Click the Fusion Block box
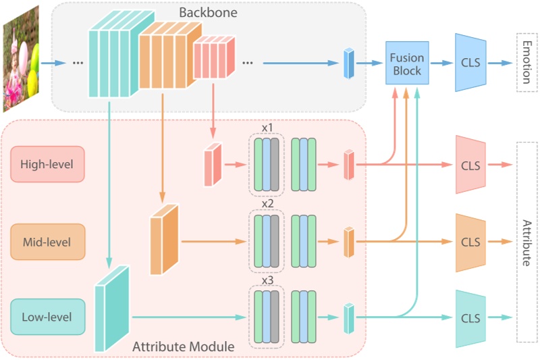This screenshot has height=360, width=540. [x=406, y=63]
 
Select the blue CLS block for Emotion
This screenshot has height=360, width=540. [x=470, y=63]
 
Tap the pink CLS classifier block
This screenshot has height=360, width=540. [x=470, y=164]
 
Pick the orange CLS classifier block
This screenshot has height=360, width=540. [x=470, y=241]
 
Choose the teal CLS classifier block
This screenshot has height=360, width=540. [x=470, y=317]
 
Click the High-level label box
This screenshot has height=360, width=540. [x=47, y=164]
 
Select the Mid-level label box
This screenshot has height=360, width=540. [x=47, y=241]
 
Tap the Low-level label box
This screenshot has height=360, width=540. [x=47, y=317]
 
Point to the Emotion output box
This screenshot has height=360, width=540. [x=527, y=62]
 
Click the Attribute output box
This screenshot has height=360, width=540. [x=527, y=242]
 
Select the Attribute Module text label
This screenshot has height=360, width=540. [x=183, y=346]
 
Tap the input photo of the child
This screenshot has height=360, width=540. [x=21, y=58]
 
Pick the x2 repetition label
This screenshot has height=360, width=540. [x=267, y=203]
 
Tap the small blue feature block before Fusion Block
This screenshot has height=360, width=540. [x=348, y=63]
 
